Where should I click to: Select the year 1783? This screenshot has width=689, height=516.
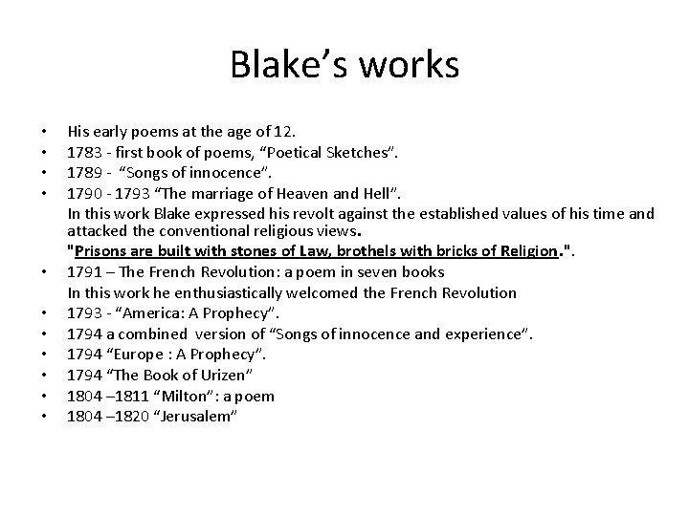(82, 148)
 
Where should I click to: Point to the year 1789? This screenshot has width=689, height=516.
(82, 169)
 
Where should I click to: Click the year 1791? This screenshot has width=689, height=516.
(82, 272)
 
